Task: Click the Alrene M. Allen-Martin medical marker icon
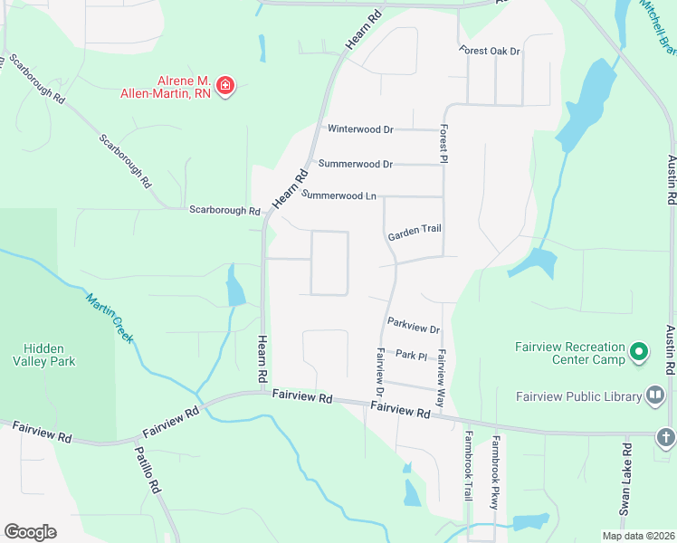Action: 225,87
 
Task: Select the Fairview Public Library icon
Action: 655,395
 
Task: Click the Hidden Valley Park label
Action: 50,355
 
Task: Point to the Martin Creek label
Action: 110,318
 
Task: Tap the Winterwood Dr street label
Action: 360,129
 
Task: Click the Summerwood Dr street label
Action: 355,165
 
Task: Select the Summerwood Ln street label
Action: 338,195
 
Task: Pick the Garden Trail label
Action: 415,229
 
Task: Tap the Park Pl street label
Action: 411,356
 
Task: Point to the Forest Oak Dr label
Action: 490,52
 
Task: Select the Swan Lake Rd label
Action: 625,480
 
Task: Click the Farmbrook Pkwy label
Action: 495,474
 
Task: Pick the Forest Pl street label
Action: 444,144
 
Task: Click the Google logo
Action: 30,532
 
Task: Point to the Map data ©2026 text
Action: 637,536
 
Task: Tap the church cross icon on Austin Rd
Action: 665,438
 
